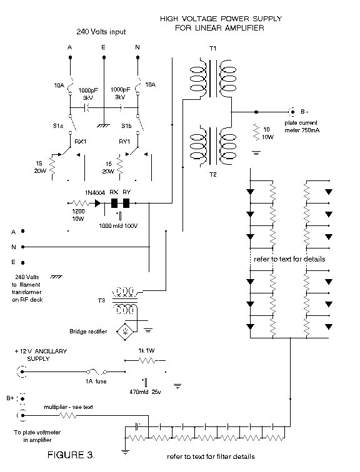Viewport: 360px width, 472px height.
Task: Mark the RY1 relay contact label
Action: click(x=124, y=142)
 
